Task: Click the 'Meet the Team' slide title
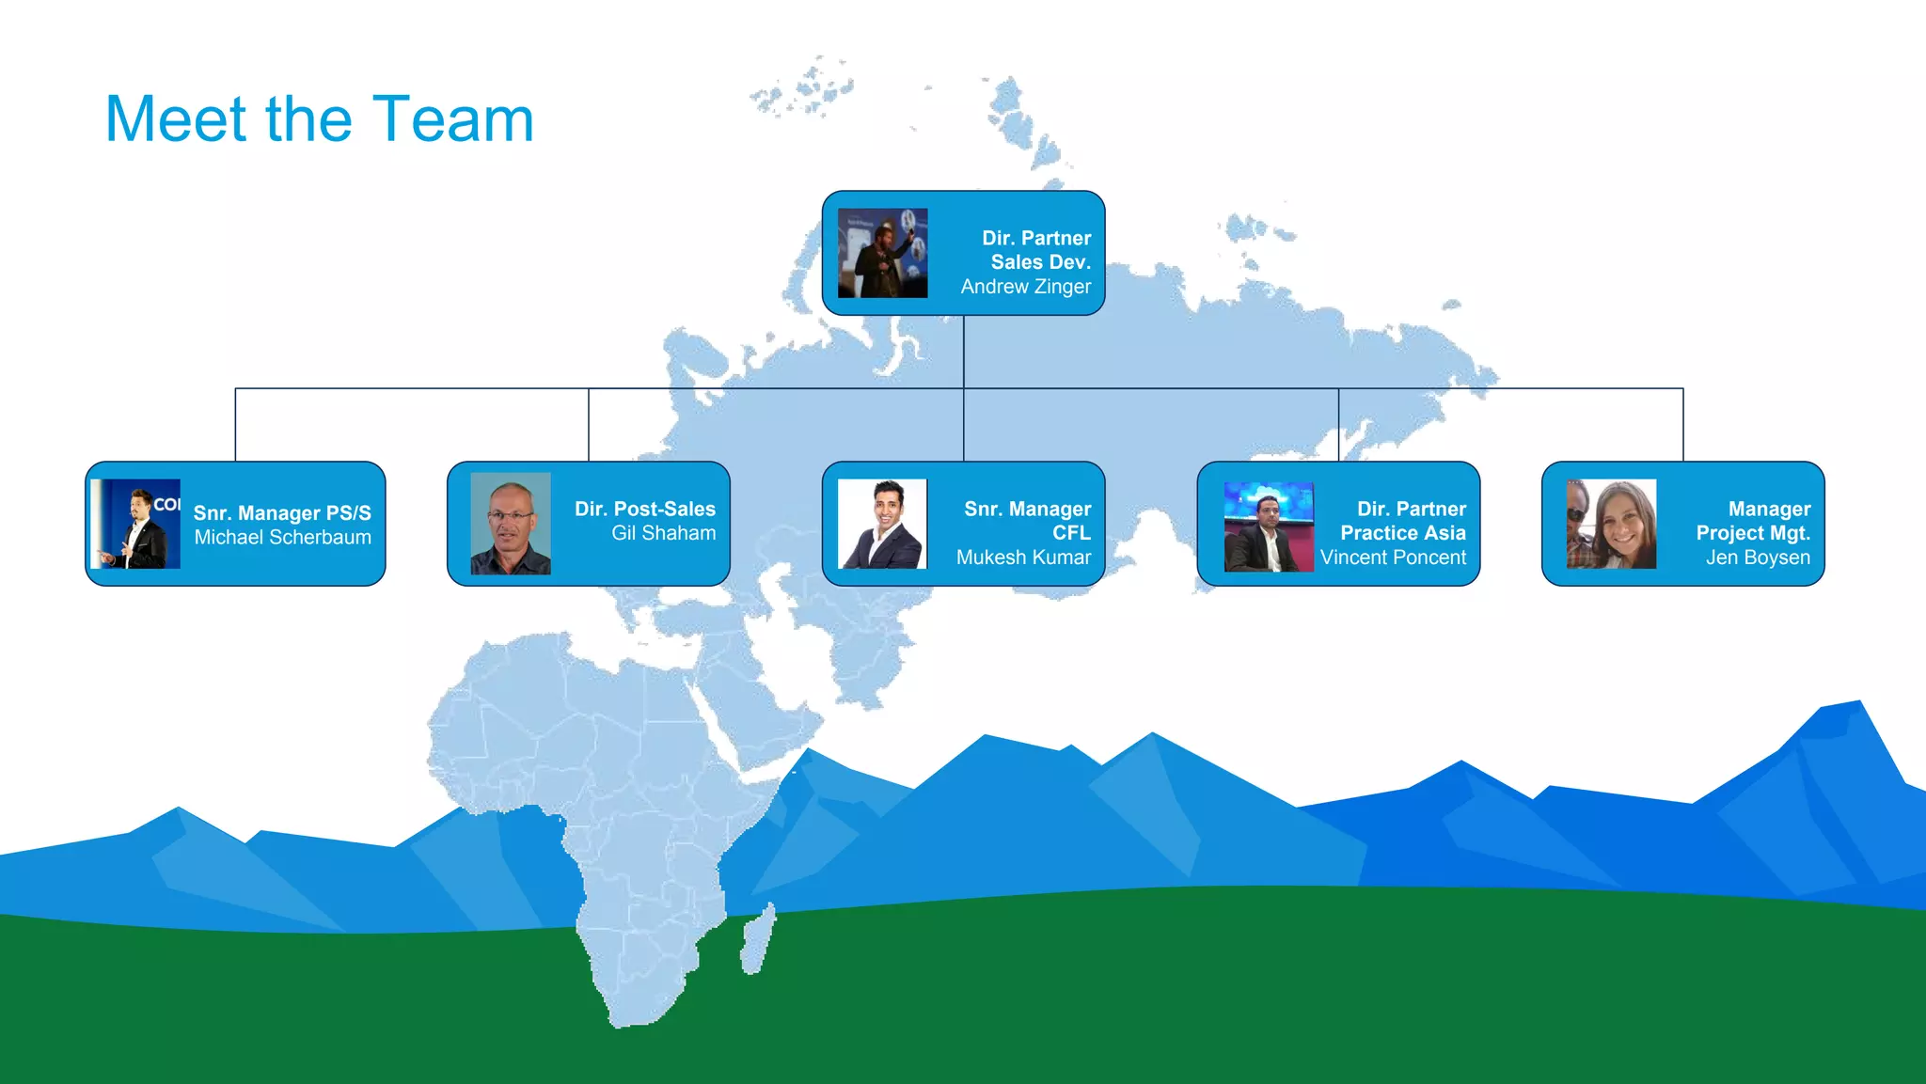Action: point(319,119)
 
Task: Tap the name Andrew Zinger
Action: point(1025,287)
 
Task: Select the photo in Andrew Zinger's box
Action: point(882,253)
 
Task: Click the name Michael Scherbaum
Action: point(282,538)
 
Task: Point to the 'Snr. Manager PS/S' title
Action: point(282,513)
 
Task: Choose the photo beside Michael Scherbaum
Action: point(135,524)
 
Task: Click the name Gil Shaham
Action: point(663,533)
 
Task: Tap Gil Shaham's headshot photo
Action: point(511,524)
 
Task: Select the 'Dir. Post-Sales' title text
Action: point(645,509)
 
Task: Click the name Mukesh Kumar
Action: point(1023,558)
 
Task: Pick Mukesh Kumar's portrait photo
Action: point(882,524)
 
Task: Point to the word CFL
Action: point(1071,533)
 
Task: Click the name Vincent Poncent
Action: point(1393,558)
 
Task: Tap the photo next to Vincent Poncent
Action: point(1269,526)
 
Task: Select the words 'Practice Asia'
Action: point(1402,533)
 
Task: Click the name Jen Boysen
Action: point(1758,558)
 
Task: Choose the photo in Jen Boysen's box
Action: point(1611,524)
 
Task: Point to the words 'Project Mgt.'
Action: point(1753,533)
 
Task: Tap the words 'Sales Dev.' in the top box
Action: point(1040,262)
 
